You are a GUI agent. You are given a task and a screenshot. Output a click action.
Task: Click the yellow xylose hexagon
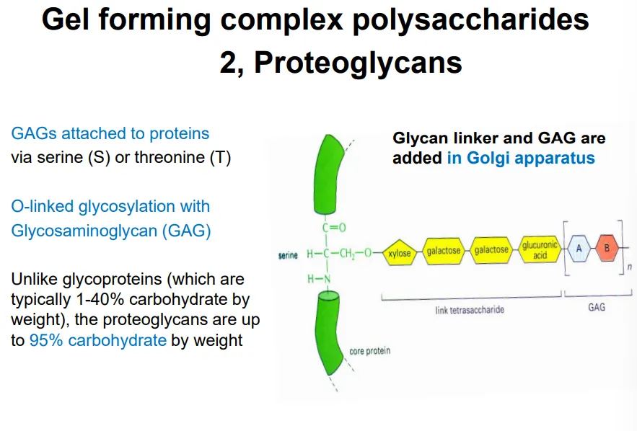coord(399,254)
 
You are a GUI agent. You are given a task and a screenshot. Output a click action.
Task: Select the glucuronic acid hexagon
coord(540,250)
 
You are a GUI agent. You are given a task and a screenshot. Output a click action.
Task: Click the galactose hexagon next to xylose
coord(444,252)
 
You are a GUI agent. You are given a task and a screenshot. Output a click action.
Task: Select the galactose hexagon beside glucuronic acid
coord(491,250)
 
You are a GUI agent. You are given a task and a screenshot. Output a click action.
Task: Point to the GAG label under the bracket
coord(597,307)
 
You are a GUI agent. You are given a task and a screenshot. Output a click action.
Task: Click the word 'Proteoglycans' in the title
coord(358,63)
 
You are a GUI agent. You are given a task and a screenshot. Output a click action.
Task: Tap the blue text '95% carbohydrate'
coord(98,340)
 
